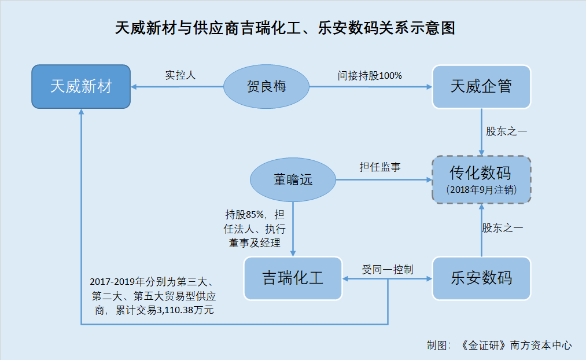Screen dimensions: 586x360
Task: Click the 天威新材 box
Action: coord(81,86)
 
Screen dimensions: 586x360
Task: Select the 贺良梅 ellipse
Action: coord(267,86)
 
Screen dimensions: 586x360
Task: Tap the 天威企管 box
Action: coord(481,87)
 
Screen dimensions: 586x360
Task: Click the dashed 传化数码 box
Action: coord(481,180)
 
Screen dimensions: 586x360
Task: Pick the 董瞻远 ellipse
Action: coord(293,180)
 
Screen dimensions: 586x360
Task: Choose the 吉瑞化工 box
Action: coord(293,278)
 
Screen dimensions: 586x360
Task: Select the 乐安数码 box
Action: coord(481,278)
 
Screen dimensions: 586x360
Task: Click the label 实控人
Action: coord(180,75)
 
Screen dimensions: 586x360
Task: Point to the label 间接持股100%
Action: coord(370,75)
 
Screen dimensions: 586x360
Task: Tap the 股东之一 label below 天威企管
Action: coord(506,131)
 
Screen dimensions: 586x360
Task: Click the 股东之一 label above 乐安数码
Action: coord(503,227)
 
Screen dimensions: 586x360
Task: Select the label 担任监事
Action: coord(380,167)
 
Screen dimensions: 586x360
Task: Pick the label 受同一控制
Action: coord(388,269)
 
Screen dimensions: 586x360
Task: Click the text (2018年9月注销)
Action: coord(481,190)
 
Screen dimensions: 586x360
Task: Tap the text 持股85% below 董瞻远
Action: coord(245,214)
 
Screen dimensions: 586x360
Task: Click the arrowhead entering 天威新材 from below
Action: coord(81,111)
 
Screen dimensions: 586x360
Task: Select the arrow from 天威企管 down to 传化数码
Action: coord(481,132)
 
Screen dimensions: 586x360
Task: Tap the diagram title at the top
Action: coord(285,28)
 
